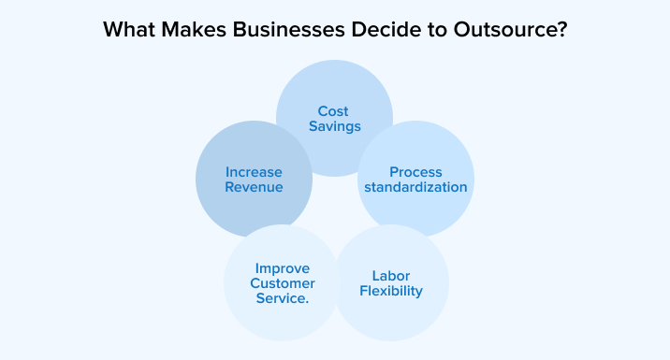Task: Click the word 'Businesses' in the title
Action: click(x=288, y=30)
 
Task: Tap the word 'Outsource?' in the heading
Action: click(x=510, y=30)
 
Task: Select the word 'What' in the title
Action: click(x=129, y=30)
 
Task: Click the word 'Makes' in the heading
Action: click(x=194, y=30)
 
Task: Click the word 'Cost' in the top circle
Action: click(x=333, y=111)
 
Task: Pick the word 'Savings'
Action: click(x=335, y=127)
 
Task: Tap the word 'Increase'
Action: click(x=254, y=172)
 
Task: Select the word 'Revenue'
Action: click(x=254, y=187)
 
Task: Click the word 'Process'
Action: click(x=415, y=172)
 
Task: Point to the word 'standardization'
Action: click(x=415, y=187)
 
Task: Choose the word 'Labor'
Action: click(x=391, y=276)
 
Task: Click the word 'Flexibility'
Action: click(x=391, y=291)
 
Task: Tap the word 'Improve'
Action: click(x=283, y=269)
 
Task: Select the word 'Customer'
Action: click(x=283, y=283)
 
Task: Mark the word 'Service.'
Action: click(x=283, y=298)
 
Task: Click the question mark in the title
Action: click(x=561, y=30)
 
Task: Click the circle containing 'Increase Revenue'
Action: click(x=254, y=180)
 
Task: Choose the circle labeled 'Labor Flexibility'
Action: click(x=390, y=282)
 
